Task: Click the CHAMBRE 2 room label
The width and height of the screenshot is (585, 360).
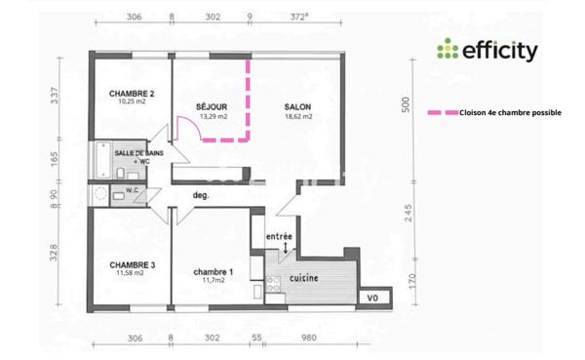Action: pos(132,93)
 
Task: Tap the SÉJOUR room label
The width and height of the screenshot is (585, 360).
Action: pos(213,106)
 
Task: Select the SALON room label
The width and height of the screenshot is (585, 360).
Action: pos(298,106)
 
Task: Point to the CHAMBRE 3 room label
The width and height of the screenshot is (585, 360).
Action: pos(132,264)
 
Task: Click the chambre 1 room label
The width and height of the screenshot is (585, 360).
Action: pos(213,271)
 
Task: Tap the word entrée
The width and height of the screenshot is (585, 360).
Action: pos(280,236)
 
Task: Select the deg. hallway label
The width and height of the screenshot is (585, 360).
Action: pos(202,195)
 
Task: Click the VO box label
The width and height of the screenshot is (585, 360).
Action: pos(371,297)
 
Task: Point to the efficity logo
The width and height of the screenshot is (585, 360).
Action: pos(487,50)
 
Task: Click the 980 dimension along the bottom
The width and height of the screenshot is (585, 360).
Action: pos(309,338)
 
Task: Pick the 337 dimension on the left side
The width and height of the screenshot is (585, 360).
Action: pos(56,95)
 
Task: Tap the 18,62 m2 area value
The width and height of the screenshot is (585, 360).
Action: pos(298,116)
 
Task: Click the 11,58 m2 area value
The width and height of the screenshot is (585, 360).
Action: pos(132,274)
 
